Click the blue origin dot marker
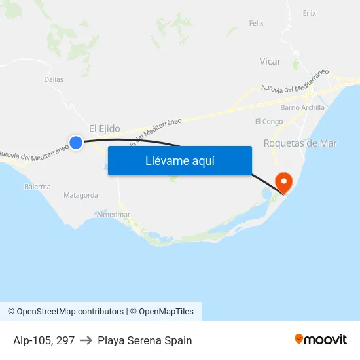click(x=76, y=142)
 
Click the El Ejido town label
click(x=105, y=129)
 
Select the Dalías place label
click(x=54, y=79)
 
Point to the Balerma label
click(x=37, y=187)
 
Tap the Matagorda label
click(x=81, y=195)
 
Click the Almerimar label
click(x=113, y=215)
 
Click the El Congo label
click(x=269, y=122)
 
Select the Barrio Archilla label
click(x=302, y=107)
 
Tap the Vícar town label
click(x=270, y=62)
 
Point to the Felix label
click(x=256, y=23)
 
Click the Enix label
click(x=310, y=13)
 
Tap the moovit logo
click(x=320, y=339)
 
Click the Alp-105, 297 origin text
click(x=43, y=340)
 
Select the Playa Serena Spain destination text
click(x=145, y=340)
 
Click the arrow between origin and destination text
click(x=86, y=340)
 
